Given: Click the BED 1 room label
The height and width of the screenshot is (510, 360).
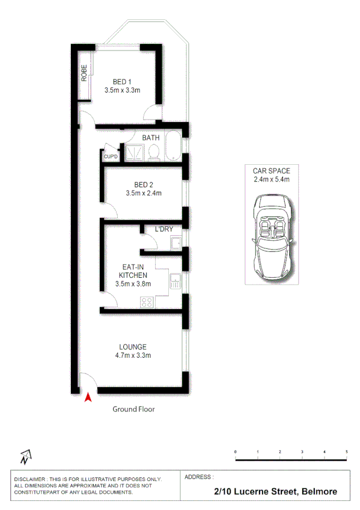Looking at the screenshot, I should (x=122, y=82).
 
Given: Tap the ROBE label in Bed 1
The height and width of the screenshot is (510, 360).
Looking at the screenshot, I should (x=85, y=73).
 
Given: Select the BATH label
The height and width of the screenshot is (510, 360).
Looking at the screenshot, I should (x=150, y=138).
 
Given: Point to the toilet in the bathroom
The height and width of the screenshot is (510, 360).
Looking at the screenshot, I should (x=152, y=153).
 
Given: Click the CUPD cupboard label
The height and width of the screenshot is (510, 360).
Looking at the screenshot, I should (x=111, y=157).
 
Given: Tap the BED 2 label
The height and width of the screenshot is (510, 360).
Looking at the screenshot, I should (x=144, y=185).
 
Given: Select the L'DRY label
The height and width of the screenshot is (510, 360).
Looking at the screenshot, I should (x=164, y=229).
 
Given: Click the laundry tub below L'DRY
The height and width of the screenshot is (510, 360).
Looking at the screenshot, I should (x=175, y=242).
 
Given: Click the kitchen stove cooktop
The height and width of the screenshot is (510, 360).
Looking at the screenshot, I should (x=146, y=302).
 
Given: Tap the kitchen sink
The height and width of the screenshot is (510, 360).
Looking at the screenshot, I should (x=175, y=280).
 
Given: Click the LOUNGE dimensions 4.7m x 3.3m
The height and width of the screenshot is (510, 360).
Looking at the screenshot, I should (x=133, y=355).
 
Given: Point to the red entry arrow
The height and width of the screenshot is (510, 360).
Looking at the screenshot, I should (x=88, y=397).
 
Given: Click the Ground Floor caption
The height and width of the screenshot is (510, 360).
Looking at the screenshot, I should (x=134, y=409).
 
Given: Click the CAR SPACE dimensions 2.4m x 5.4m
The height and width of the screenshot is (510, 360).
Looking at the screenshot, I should (x=272, y=179).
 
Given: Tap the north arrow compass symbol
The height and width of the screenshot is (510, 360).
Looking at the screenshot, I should (x=25, y=458).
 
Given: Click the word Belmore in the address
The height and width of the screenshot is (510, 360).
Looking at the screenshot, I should (x=320, y=491).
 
